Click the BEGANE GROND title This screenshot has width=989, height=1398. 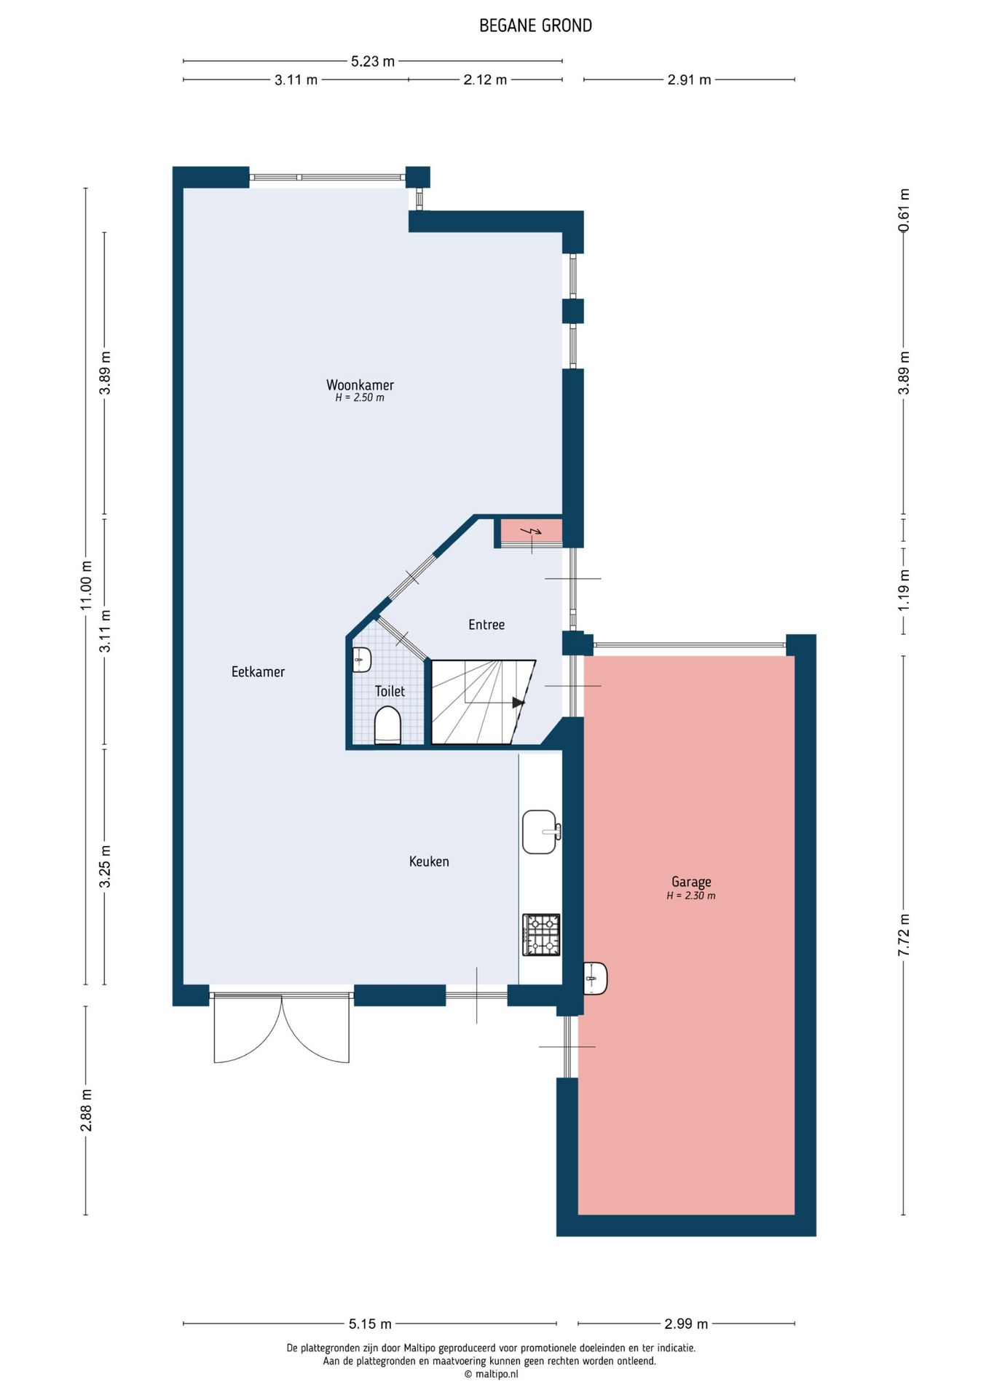point(535,25)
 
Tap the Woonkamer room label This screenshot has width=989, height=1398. point(360,384)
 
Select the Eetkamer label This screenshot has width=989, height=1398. point(258,671)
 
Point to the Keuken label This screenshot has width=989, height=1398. point(429,861)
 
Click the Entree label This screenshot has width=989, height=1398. point(486,625)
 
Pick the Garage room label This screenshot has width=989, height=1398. point(691,882)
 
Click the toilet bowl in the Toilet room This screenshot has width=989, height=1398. point(387,727)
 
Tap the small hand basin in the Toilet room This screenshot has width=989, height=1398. point(362,660)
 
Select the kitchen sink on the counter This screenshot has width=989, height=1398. point(541,832)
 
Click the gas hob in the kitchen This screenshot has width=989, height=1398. point(541,935)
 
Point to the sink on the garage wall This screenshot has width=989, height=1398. point(596,978)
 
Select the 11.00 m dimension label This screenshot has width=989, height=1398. point(86,585)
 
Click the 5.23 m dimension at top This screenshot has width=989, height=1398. point(373,61)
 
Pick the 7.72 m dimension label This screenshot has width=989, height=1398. point(904,935)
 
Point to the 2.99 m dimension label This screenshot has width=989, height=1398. point(686,1324)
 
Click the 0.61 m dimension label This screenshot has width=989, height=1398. point(904,210)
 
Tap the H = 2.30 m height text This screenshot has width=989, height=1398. point(691,896)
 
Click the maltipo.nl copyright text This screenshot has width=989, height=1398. point(492,1374)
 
